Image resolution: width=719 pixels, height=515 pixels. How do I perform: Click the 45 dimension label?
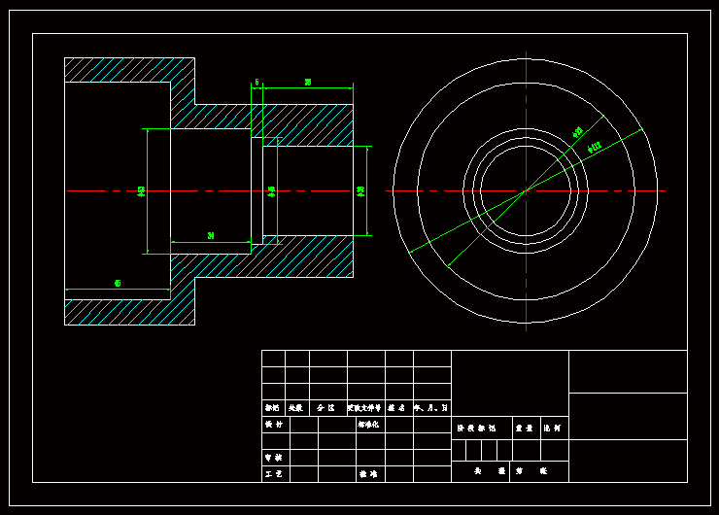pyautogui.click(x=118, y=284)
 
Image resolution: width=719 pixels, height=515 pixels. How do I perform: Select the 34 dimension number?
pyautogui.click(x=211, y=235)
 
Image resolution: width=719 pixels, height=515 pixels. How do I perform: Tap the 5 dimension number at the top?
pyautogui.click(x=257, y=83)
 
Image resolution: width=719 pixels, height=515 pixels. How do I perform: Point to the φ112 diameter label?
pyautogui.click(x=595, y=147)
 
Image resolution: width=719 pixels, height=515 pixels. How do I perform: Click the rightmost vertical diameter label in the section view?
pyautogui.click(x=360, y=190)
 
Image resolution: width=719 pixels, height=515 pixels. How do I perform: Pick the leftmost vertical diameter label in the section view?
pyautogui.click(x=142, y=190)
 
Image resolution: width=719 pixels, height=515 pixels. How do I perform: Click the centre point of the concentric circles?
pyautogui.click(x=526, y=190)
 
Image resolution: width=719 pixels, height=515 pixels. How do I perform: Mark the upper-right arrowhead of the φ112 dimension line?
pyautogui.click(x=640, y=130)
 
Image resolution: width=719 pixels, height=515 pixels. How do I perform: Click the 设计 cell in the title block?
pyautogui.click(x=274, y=425)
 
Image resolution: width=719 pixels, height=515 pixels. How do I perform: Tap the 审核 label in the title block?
pyautogui.click(x=274, y=457)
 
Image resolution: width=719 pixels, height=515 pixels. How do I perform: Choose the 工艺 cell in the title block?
pyautogui.click(x=274, y=474)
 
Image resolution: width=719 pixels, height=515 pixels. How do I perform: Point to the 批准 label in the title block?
pyautogui.click(x=368, y=474)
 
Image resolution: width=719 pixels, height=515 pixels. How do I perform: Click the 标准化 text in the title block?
pyautogui.click(x=368, y=425)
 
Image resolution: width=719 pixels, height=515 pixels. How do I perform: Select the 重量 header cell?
pyautogui.click(x=524, y=428)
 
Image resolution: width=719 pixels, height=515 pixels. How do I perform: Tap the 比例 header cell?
pyautogui.click(x=553, y=428)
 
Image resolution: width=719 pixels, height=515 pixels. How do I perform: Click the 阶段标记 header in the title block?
pyautogui.click(x=476, y=428)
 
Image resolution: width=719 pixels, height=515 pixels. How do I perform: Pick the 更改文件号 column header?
pyautogui.click(x=365, y=408)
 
